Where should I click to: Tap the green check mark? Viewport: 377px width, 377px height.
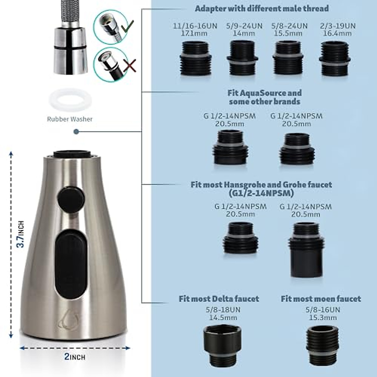tap(128, 27)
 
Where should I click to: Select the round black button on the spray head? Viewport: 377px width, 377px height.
tap(72, 196)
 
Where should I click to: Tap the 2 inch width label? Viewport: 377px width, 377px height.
tap(74, 357)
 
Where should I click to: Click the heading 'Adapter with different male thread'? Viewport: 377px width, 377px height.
tap(262, 8)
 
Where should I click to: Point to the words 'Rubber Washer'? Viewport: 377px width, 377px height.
tap(70, 119)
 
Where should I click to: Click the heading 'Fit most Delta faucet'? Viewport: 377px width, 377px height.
tap(219, 298)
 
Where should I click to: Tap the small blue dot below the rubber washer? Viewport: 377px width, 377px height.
tap(76, 132)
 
